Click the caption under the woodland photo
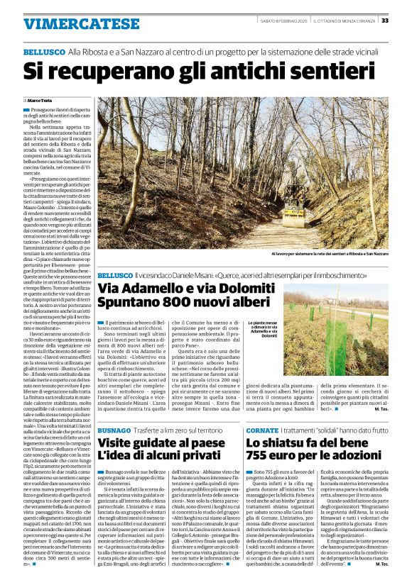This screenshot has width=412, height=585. click(330, 252)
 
